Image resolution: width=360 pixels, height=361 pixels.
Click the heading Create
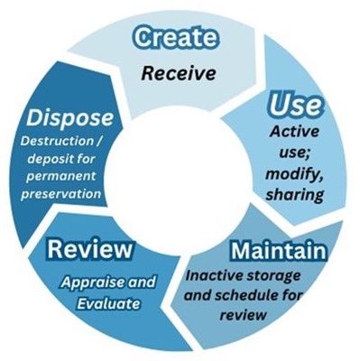pos(178,38)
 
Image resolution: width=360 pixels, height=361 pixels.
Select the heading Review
pos(90,247)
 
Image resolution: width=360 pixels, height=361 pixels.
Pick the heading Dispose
pos(70,117)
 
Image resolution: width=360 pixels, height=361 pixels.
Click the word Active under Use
pos(295,133)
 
